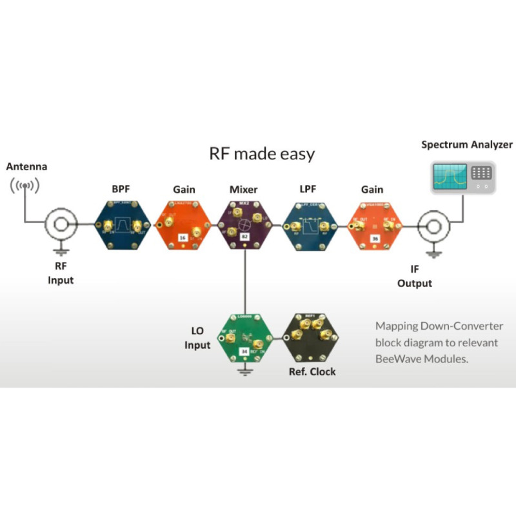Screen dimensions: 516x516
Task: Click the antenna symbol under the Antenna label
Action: [24, 186]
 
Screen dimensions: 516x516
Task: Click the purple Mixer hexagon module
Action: [244, 226]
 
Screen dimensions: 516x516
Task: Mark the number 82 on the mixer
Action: [244, 238]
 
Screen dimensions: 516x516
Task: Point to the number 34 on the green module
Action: [244, 352]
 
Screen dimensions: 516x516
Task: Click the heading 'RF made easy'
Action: [262, 154]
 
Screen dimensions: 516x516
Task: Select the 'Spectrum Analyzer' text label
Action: [467, 144]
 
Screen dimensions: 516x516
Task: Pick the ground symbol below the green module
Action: [244, 371]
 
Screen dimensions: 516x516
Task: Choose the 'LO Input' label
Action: [197, 338]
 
